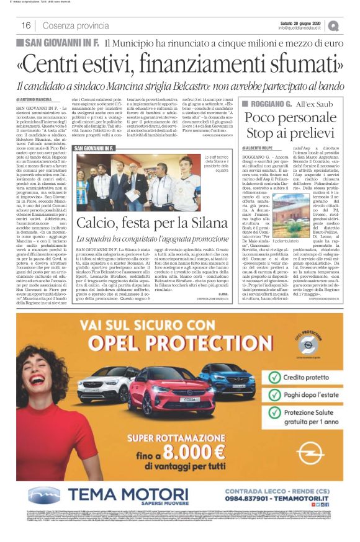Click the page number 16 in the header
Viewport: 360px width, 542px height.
[26, 25]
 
